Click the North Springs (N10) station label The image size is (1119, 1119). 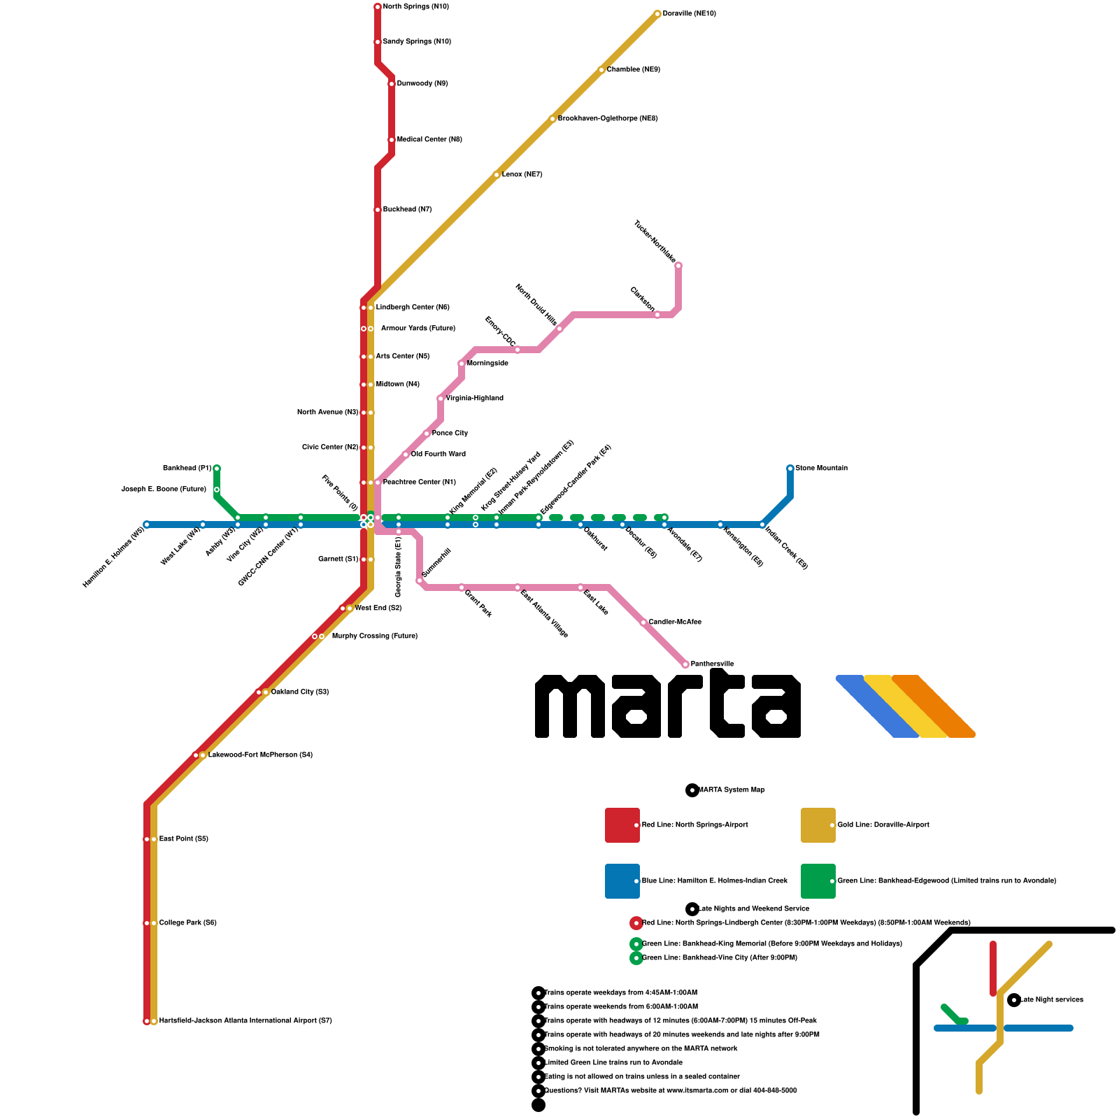tap(415, 7)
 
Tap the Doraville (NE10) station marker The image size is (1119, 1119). tap(657, 14)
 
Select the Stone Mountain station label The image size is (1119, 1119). tap(821, 469)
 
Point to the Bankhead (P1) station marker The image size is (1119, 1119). tap(217, 469)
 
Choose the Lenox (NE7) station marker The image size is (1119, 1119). tap(497, 175)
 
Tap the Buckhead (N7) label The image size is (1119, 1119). tap(407, 210)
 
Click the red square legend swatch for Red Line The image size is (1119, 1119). tap(622, 825)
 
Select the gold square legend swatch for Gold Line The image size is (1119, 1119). tap(818, 825)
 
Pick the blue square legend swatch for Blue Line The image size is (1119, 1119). tap(622, 881)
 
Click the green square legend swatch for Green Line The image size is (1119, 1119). tap(818, 881)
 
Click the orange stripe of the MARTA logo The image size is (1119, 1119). tap(934, 706)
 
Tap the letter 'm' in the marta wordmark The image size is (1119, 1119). tap(569, 706)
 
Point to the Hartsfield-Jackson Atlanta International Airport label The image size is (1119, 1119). tap(245, 1021)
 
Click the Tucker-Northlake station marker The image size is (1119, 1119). tap(678, 266)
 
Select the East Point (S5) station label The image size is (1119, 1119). tap(183, 839)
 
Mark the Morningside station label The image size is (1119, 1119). tap(487, 364)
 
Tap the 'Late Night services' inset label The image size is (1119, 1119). tap(1051, 1000)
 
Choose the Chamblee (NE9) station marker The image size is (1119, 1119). tap(601, 70)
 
